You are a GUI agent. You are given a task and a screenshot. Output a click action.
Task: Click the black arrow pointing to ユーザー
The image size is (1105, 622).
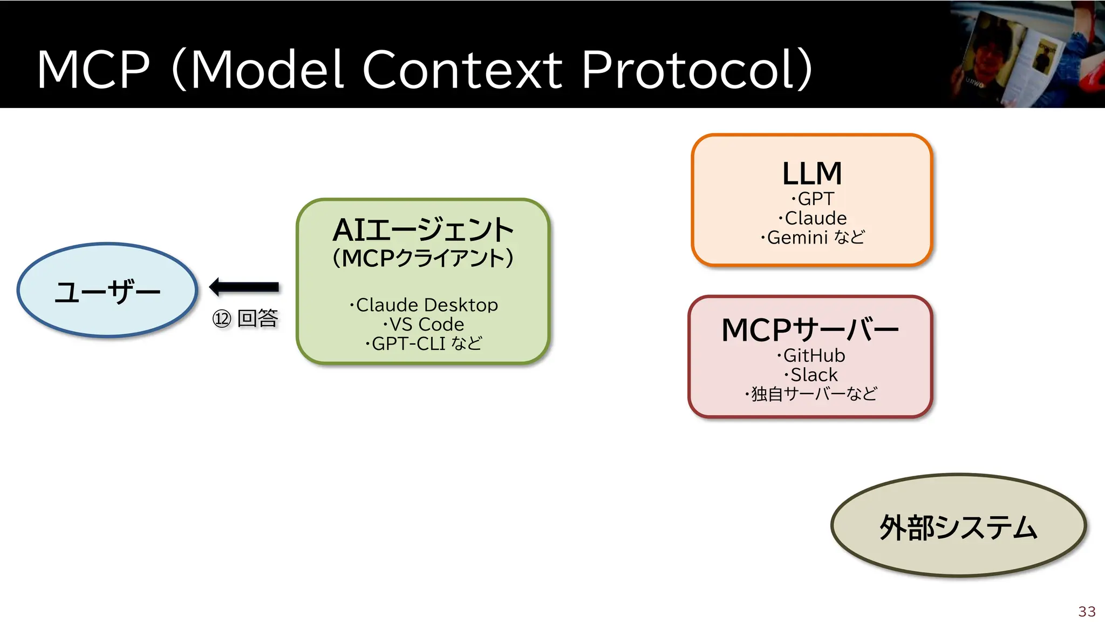pyautogui.click(x=244, y=287)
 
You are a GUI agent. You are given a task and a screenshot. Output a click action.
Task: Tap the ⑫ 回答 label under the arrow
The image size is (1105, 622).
pyautogui.click(x=245, y=319)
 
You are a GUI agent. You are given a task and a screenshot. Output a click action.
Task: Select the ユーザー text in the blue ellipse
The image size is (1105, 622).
pyautogui.click(x=107, y=292)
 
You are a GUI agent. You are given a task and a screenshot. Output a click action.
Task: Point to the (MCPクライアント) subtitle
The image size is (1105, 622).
pyautogui.click(x=423, y=259)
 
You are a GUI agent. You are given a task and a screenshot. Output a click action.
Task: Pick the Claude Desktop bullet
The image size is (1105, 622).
pyautogui.click(x=424, y=305)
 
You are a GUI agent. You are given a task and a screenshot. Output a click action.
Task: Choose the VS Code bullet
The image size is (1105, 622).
pyautogui.click(x=424, y=324)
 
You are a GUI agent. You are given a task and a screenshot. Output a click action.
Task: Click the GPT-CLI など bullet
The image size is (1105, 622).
pyautogui.click(x=424, y=343)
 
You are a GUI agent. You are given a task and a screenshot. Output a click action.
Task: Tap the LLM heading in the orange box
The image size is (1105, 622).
pyautogui.click(x=812, y=173)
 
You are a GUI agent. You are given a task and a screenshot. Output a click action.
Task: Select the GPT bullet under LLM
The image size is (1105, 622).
pyautogui.click(x=813, y=199)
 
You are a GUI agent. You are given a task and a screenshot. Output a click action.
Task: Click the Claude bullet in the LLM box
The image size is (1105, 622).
pyautogui.click(x=813, y=218)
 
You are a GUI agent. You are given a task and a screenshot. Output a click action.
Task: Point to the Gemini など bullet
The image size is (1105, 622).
pyautogui.click(x=813, y=238)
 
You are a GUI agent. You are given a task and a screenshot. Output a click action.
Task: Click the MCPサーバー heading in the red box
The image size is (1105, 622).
pyautogui.click(x=810, y=330)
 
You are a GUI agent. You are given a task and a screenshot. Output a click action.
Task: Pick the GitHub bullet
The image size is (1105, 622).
pyautogui.click(x=811, y=355)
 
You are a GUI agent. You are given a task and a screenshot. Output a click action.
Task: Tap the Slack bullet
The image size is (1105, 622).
pyautogui.click(x=811, y=375)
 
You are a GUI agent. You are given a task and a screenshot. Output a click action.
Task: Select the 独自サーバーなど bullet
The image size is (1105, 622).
pyautogui.click(x=811, y=394)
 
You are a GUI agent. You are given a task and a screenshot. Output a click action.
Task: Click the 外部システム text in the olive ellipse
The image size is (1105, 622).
pyautogui.click(x=958, y=528)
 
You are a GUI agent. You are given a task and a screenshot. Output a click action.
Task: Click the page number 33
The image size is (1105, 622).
pyautogui.click(x=1087, y=611)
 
